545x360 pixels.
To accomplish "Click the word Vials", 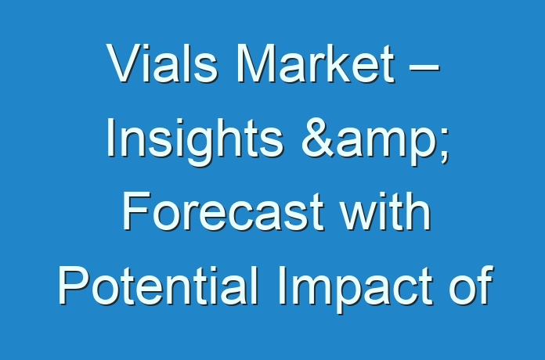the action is click(x=162, y=63).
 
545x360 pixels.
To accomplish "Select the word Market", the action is click(x=316, y=63).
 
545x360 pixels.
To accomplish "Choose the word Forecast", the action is click(x=223, y=211).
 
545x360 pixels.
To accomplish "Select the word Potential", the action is click(x=158, y=285).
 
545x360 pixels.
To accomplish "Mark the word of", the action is click(x=471, y=285).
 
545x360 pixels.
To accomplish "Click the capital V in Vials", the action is click(x=124, y=63).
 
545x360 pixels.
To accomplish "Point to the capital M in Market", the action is click(x=256, y=63).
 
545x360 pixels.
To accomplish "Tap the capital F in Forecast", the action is click(x=136, y=211).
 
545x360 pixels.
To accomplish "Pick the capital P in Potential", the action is click(x=74, y=285).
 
